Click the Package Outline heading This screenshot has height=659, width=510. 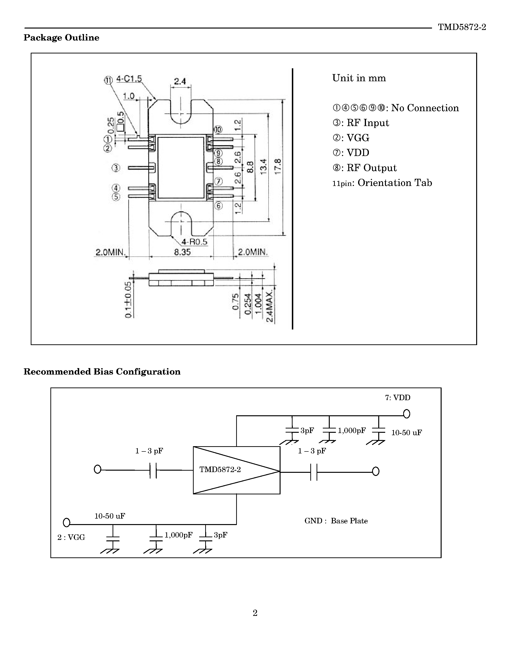(61, 38)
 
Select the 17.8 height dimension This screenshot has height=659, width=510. (278, 166)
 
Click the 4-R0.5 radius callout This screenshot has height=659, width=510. (194, 242)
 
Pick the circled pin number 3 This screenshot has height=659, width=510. (116, 168)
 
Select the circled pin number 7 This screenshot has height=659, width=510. (219, 182)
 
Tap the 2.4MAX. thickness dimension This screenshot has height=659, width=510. (270, 306)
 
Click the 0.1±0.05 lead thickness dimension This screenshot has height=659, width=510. (128, 300)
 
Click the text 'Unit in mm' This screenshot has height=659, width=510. (359, 78)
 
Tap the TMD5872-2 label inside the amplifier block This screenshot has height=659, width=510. (220, 469)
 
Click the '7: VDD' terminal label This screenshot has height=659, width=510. (398, 398)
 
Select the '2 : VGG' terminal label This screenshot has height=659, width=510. (71, 538)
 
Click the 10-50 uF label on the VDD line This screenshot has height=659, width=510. (406, 433)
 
